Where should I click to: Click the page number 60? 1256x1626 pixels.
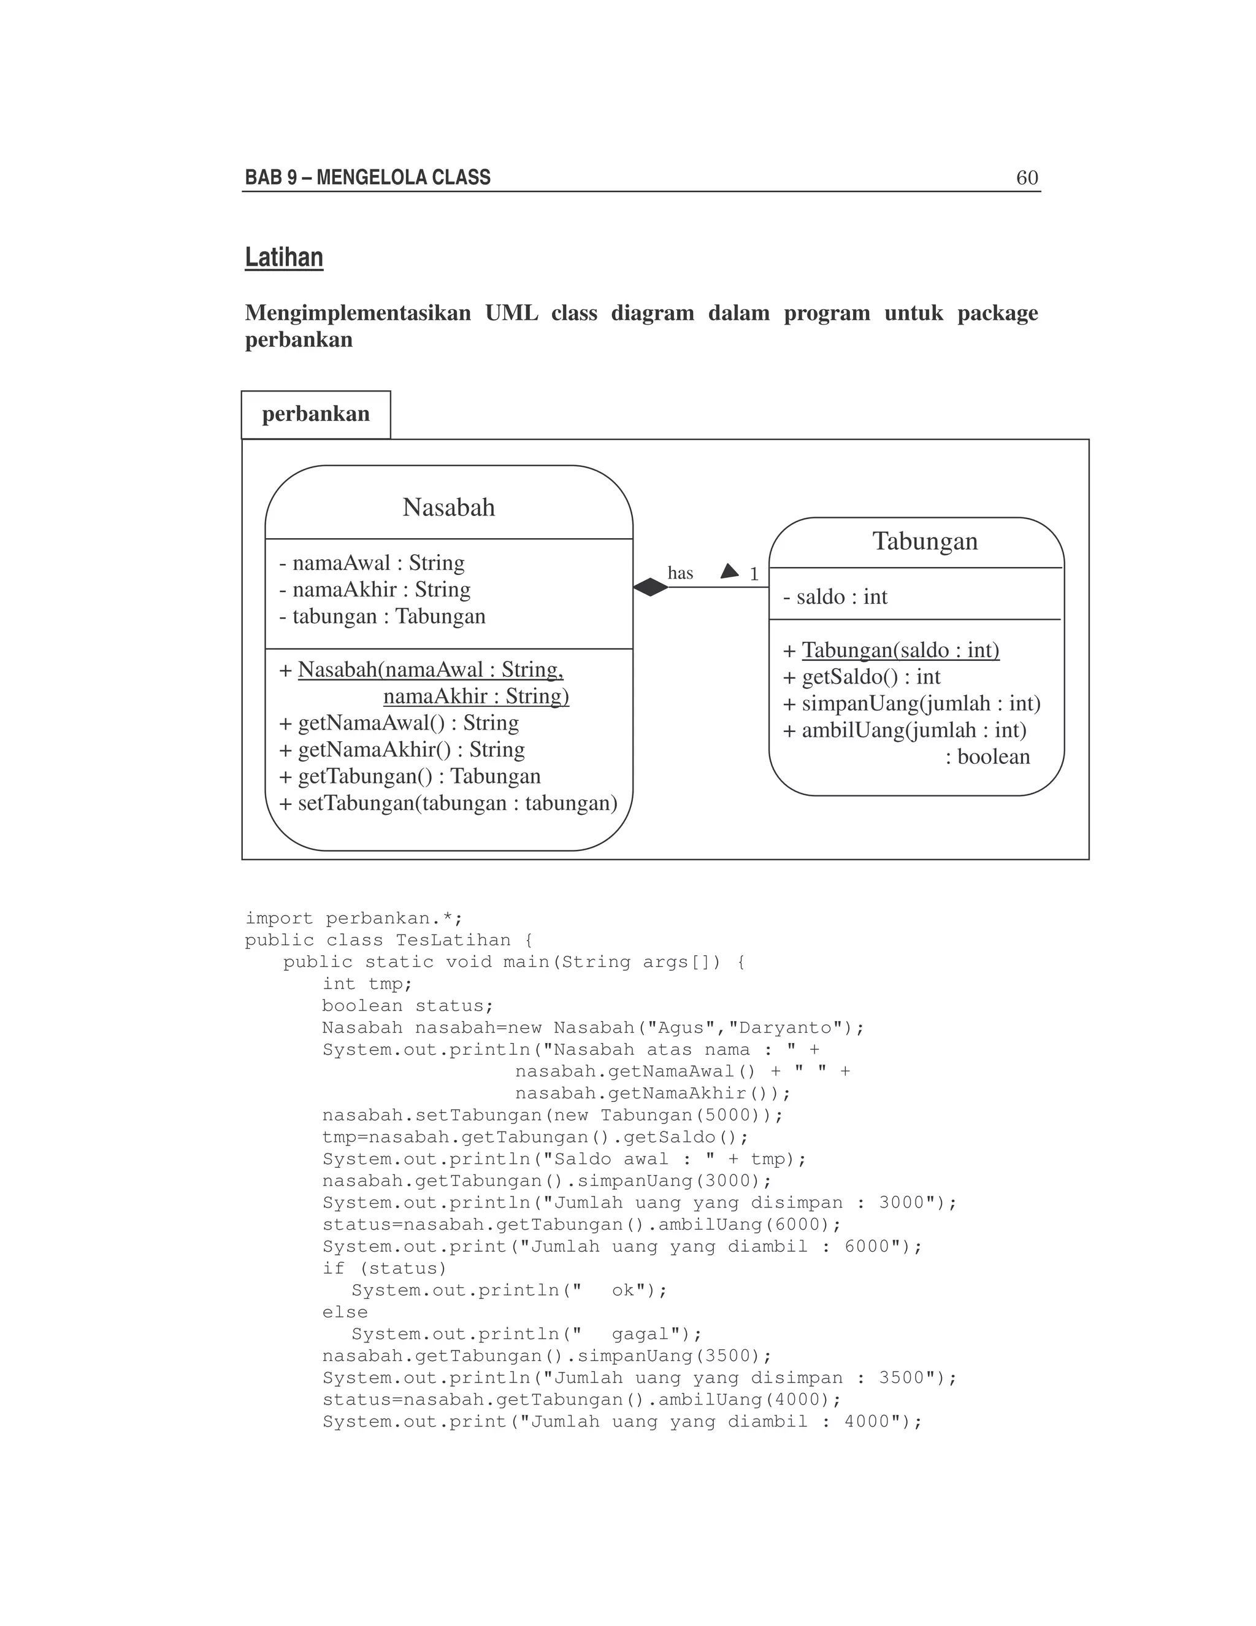(x=1027, y=178)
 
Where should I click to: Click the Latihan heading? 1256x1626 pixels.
(x=284, y=258)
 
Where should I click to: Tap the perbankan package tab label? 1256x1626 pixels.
(x=315, y=414)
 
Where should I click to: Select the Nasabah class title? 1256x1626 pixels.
(x=449, y=508)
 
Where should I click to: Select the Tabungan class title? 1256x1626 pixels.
(x=925, y=541)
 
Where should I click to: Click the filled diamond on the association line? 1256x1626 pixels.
(x=650, y=587)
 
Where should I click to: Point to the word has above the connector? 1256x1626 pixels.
(x=680, y=573)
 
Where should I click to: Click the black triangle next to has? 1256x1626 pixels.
(x=730, y=572)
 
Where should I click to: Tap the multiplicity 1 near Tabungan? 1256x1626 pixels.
(x=754, y=574)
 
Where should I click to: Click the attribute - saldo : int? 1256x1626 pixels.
(x=835, y=597)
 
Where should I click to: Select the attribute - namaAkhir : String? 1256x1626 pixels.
(x=375, y=590)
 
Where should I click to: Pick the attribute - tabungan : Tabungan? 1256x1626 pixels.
(x=383, y=617)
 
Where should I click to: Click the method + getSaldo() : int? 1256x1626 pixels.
(x=862, y=677)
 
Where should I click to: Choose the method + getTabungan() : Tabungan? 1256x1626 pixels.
(x=410, y=777)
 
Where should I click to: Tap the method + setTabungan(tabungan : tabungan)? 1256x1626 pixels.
(x=448, y=803)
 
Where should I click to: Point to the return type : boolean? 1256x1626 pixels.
(x=987, y=757)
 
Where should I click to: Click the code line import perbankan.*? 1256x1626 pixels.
(x=354, y=919)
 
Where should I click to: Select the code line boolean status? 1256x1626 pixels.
(x=408, y=1006)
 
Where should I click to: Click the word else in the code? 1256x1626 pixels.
(x=345, y=1312)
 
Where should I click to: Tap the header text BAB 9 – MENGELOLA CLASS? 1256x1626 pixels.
(x=367, y=178)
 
